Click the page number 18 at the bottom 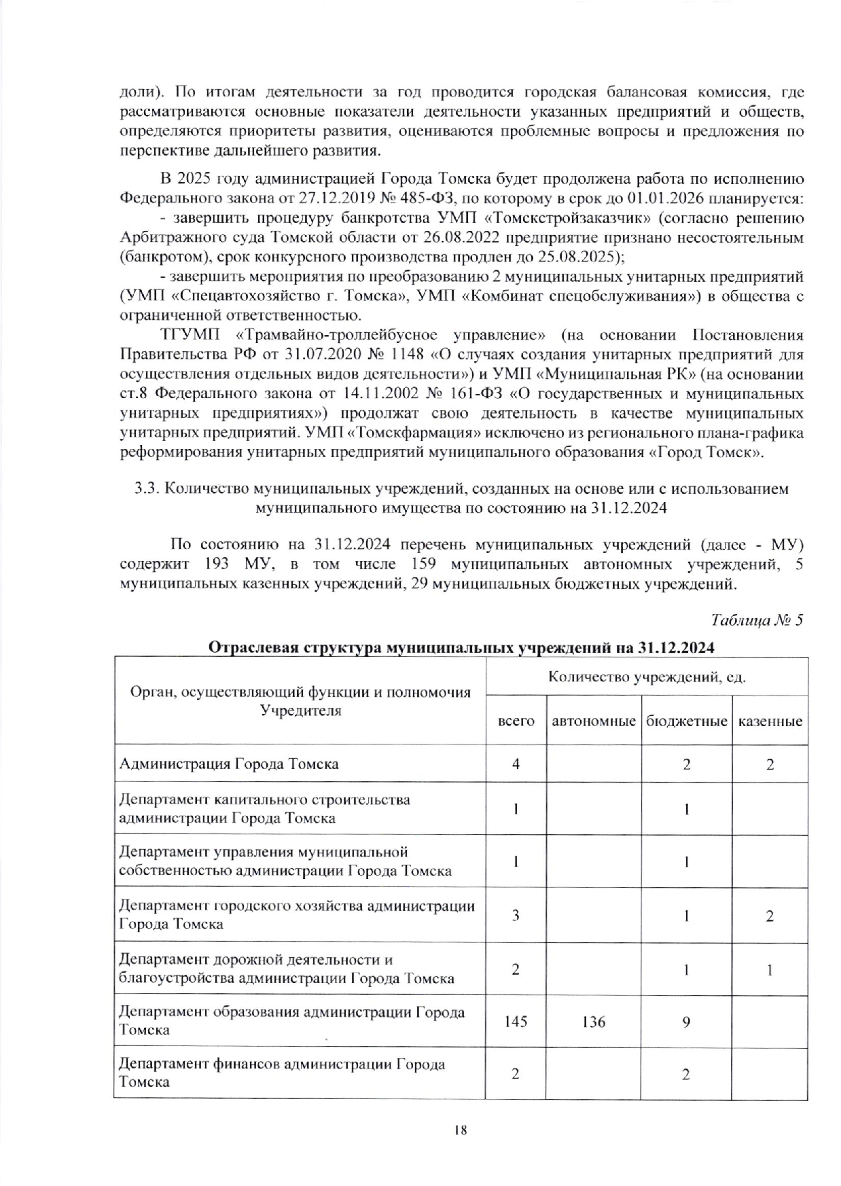(461, 1130)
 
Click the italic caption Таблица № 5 (757, 620)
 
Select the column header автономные (594, 721)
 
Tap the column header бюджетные (686, 721)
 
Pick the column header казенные (770, 721)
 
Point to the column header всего (516, 721)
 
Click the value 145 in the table (516, 1021)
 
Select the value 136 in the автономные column (594, 1021)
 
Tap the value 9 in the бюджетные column (687, 1021)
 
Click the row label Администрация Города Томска (229, 763)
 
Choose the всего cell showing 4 (516, 763)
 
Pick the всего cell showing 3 (516, 915)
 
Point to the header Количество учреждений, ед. (647, 677)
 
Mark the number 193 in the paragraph (215, 564)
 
